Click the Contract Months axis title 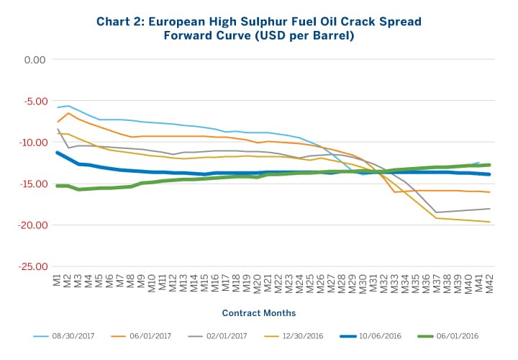click(258, 313)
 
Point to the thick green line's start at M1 click(58, 186)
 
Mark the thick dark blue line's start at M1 click(58, 153)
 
